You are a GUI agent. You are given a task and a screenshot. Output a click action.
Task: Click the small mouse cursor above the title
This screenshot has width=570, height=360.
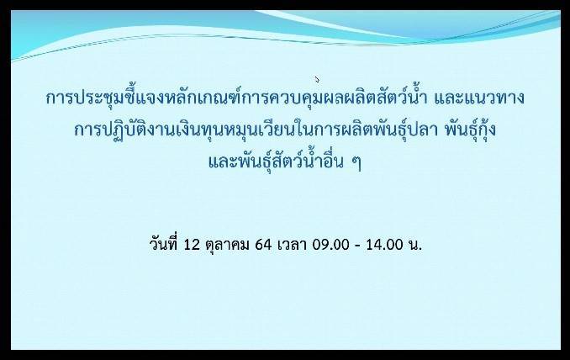click(x=317, y=79)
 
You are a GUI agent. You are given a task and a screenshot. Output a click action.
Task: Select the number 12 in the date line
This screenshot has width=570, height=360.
click(x=192, y=245)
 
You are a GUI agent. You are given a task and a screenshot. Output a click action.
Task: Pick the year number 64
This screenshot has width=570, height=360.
click(x=263, y=245)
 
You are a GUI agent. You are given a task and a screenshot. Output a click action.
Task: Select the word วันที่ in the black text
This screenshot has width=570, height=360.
click(x=164, y=243)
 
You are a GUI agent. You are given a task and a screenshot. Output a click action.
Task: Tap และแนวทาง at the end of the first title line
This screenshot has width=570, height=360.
click(x=479, y=98)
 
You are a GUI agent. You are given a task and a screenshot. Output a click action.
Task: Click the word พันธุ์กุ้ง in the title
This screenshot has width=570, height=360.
click(x=471, y=128)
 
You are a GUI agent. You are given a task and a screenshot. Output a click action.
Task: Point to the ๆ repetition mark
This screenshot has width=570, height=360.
click(x=356, y=163)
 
